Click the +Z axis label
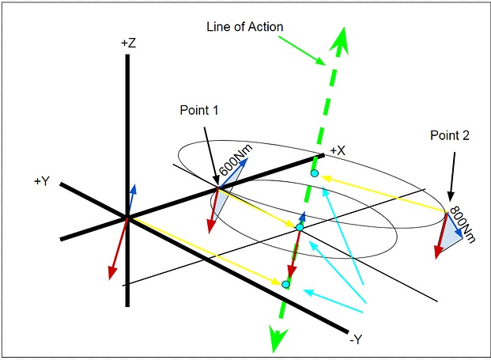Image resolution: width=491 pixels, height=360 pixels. click(127, 44)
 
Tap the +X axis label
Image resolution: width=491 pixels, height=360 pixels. click(338, 150)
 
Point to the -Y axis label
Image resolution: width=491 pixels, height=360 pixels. click(355, 339)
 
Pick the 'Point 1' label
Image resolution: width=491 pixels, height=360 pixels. click(198, 111)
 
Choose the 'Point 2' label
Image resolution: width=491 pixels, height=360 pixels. click(450, 135)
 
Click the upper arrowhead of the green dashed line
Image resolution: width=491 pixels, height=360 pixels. click(342, 36)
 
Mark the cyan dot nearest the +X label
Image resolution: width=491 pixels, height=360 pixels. click(314, 172)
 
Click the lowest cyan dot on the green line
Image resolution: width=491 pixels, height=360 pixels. click(286, 282)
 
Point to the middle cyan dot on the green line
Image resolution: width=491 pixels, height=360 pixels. click(299, 227)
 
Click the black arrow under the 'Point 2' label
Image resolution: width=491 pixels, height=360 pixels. click(451, 173)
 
